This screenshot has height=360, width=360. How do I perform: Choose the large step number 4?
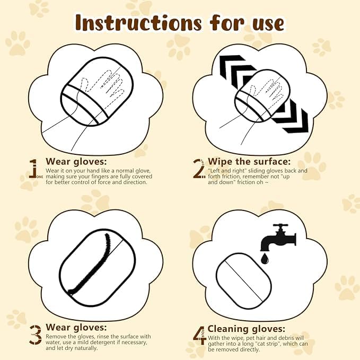(199, 334)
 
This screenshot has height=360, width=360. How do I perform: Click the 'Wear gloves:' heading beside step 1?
(76, 161)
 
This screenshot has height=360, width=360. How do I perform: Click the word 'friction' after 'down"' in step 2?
(242, 182)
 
